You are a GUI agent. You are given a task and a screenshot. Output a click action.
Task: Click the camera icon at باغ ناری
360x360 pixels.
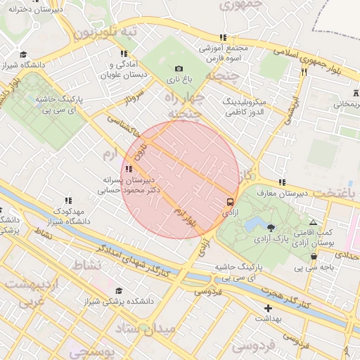[x=179, y=68]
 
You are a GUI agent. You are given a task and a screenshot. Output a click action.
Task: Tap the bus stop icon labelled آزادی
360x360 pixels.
[x=231, y=200]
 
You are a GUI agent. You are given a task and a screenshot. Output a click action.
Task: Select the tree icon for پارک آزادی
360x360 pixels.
[x=271, y=227]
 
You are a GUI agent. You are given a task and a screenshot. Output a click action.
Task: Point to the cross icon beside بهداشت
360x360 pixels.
[x=267, y=308]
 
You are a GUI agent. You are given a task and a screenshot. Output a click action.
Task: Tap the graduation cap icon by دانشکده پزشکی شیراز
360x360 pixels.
[x=119, y=290]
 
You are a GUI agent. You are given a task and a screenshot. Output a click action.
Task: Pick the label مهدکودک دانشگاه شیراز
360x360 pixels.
[x=68, y=217]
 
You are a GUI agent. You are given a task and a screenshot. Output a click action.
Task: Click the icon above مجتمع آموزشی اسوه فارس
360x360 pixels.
[x=223, y=37]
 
